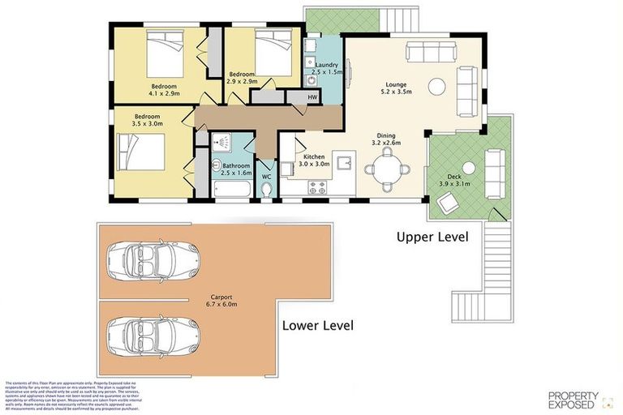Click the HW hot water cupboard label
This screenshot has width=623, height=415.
312,97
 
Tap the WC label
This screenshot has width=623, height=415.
266,176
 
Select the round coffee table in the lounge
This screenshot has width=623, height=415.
436,86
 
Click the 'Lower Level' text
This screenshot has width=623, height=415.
317,326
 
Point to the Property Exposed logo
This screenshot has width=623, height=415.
574,399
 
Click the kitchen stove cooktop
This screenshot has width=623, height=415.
316,188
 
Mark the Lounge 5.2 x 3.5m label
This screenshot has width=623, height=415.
397,88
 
